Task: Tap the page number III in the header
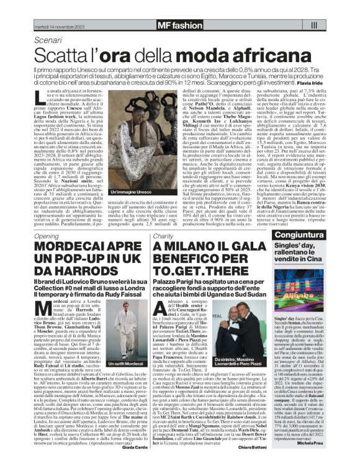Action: tap(313, 25)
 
